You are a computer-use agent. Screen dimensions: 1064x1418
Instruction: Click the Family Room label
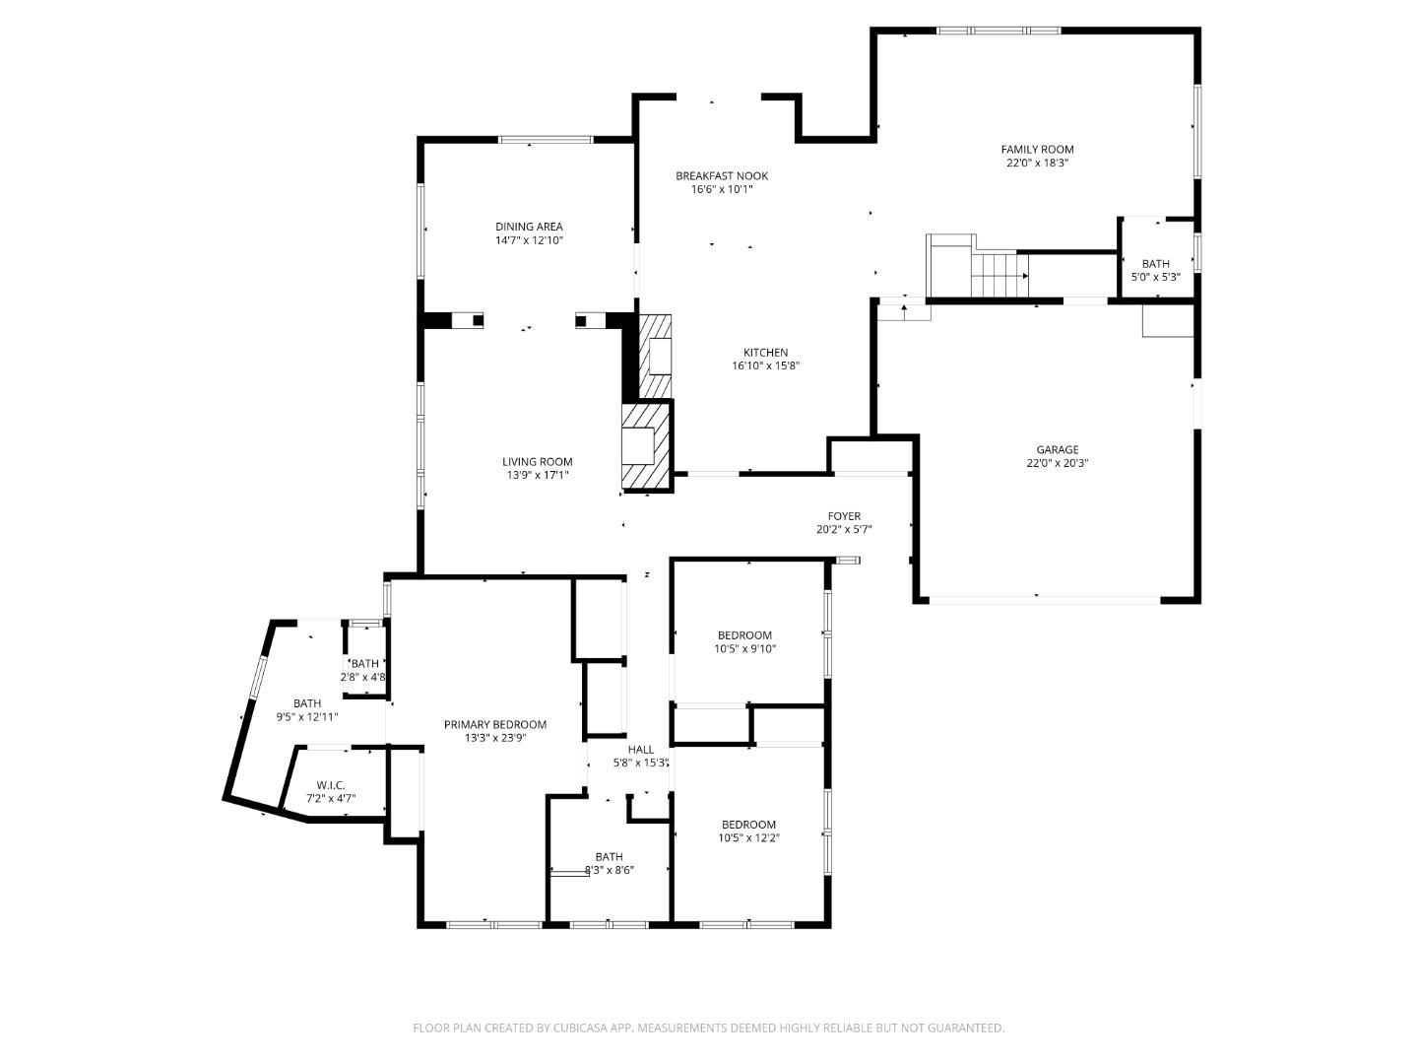(1037, 150)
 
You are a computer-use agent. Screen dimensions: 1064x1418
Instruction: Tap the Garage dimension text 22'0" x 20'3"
(1057, 463)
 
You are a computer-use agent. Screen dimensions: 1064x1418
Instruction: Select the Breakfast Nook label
(721, 176)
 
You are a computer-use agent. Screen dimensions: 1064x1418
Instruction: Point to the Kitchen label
(765, 353)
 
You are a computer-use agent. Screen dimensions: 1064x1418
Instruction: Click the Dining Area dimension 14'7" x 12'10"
(529, 240)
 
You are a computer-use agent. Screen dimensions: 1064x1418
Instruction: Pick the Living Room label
(537, 462)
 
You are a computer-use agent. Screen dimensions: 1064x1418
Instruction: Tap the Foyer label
(844, 516)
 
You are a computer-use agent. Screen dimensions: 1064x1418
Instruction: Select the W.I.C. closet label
(331, 785)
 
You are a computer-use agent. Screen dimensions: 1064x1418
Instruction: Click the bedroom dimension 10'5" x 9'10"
(744, 649)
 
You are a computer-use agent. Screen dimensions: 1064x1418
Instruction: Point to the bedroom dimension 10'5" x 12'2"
(748, 838)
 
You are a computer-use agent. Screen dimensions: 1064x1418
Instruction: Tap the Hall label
(641, 750)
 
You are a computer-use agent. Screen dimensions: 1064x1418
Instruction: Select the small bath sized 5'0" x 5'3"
(1155, 264)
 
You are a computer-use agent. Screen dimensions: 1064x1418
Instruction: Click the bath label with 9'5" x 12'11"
(307, 703)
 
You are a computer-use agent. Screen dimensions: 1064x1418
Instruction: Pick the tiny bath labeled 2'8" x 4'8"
(364, 664)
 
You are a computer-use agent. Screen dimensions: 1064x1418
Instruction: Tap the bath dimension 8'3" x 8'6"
(609, 870)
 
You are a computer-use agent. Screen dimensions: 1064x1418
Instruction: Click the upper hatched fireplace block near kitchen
(656, 357)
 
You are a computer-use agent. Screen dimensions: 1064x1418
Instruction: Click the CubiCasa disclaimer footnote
(708, 1028)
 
